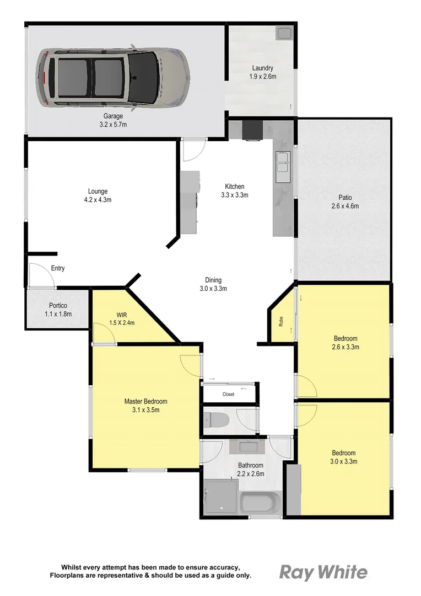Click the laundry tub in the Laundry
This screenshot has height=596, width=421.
coord(285,33)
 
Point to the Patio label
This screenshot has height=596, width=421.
coord(346,198)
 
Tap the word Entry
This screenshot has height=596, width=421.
coord(58,269)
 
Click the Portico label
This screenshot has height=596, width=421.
coord(57,306)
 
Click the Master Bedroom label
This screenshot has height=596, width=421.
coord(145,401)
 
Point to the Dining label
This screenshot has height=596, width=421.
coord(213,280)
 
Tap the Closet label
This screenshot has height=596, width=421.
coord(228,395)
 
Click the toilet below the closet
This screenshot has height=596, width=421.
coord(215,420)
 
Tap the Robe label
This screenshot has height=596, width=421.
coord(281,322)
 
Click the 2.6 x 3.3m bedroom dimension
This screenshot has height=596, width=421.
coord(346,347)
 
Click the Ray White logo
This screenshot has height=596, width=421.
coord(323,572)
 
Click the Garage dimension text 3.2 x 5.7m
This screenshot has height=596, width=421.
coord(113,125)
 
